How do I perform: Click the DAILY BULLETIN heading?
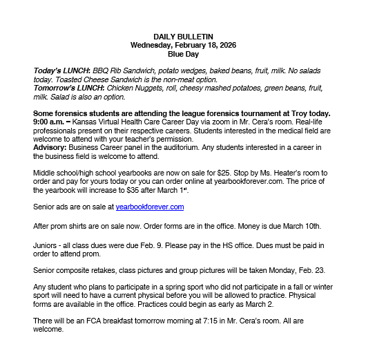click(183, 36)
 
